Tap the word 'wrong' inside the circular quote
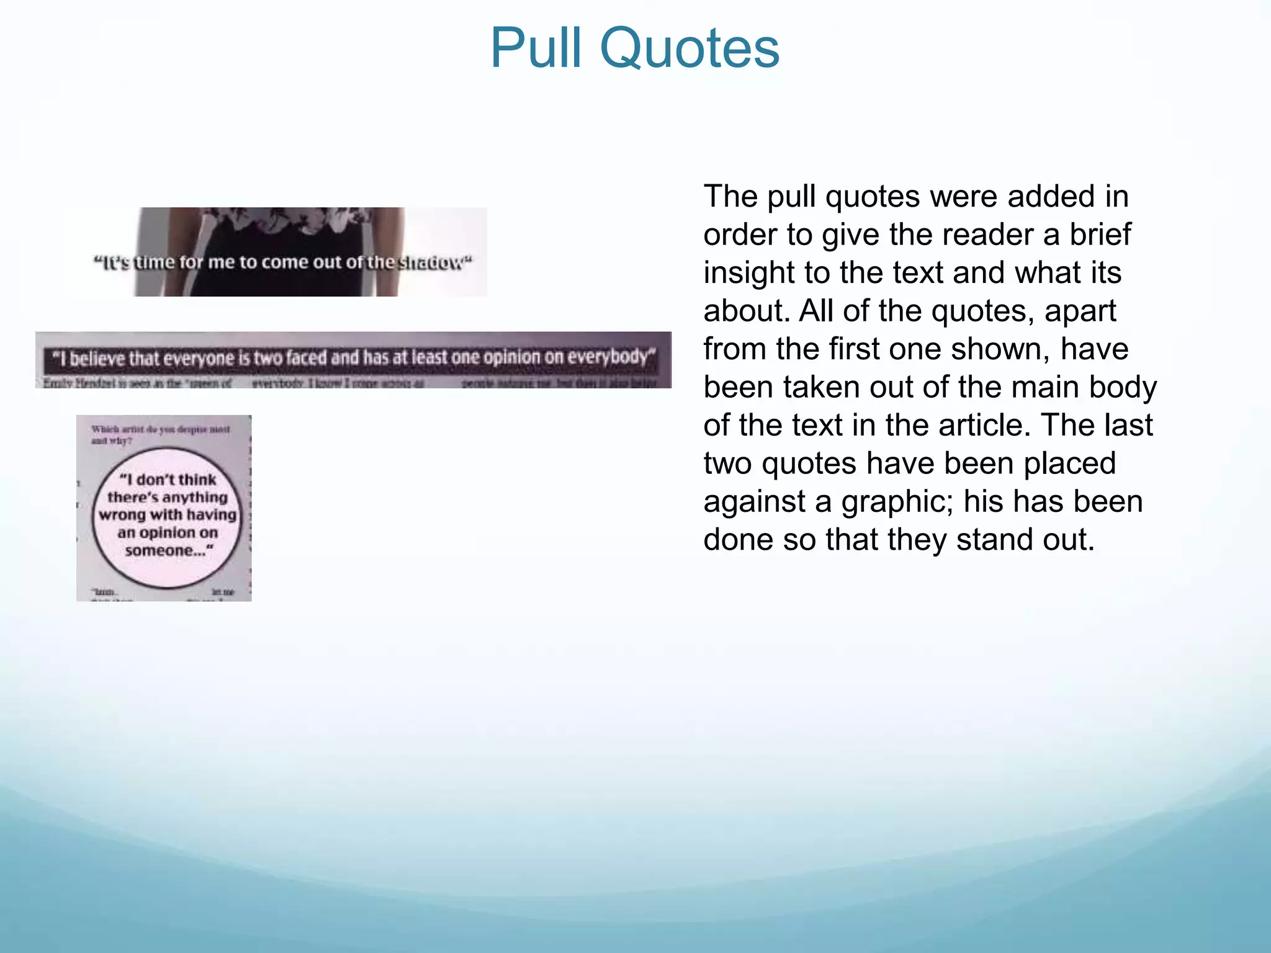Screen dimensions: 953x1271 click(x=122, y=515)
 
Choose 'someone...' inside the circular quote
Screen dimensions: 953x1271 click(x=168, y=550)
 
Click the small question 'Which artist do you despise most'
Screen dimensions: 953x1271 click(x=160, y=429)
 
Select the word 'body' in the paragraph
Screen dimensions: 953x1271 click(x=1124, y=387)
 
